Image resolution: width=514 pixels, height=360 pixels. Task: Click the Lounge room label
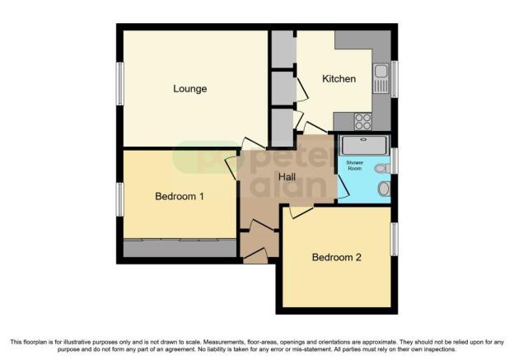(189, 88)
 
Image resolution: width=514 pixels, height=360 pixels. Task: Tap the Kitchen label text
(339, 79)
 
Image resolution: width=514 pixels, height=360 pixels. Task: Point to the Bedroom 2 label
(336, 257)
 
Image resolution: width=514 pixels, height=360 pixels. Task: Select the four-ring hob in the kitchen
(363, 121)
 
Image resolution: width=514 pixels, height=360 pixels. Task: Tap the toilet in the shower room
(381, 168)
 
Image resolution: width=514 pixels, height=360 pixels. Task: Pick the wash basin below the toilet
(384, 189)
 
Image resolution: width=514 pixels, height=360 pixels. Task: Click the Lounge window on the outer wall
(119, 85)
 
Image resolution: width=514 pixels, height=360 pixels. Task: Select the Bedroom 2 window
(394, 238)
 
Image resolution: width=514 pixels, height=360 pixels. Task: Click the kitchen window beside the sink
(394, 79)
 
